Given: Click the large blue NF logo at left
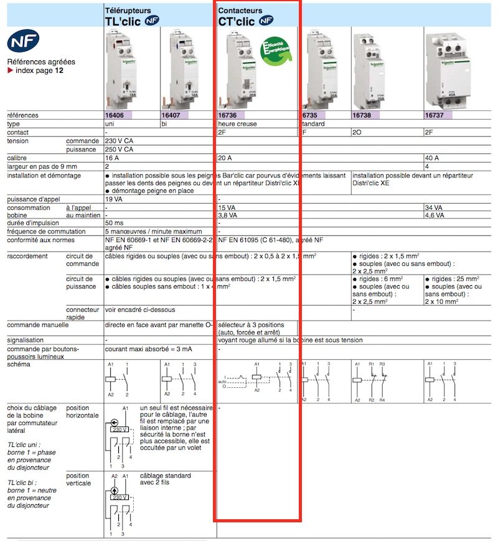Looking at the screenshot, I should [23, 42].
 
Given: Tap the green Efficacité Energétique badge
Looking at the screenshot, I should [278, 50].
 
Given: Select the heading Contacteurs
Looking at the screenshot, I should [240, 11].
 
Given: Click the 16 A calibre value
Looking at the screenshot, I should [113, 158].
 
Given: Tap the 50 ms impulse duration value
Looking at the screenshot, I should [114, 223].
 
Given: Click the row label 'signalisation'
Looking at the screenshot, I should [26, 341].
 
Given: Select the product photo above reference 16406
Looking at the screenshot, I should [129, 68].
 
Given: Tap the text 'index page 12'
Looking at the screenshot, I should [38, 71].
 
